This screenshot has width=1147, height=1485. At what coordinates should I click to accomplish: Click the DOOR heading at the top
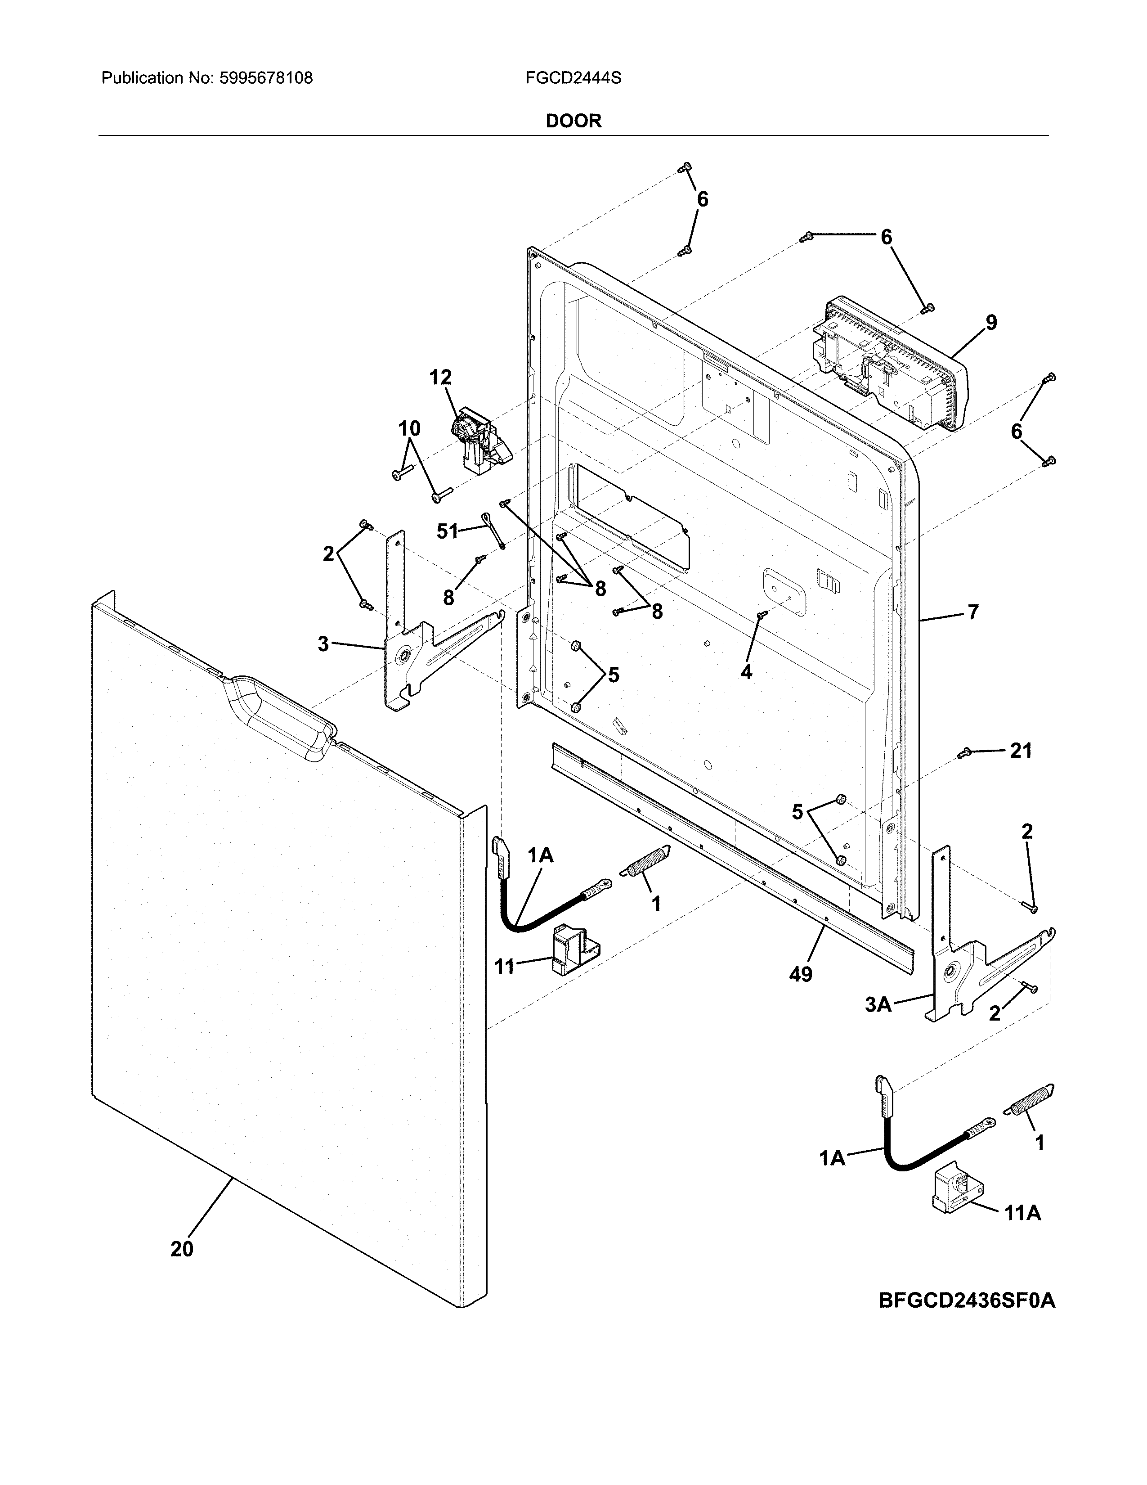pyautogui.click(x=573, y=121)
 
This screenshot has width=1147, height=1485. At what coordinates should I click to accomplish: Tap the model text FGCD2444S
pyautogui.click(x=573, y=78)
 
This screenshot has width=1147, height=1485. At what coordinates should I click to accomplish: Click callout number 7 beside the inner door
pyautogui.click(x=973, y=612)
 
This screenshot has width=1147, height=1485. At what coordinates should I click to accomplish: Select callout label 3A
pyautogui.click(x=878, y=1023)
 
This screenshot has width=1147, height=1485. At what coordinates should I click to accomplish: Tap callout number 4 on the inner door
pyautogui.click(x=746, y=672)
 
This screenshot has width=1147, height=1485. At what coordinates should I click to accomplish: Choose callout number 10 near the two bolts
pyautogui.click(x=409, y=428)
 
